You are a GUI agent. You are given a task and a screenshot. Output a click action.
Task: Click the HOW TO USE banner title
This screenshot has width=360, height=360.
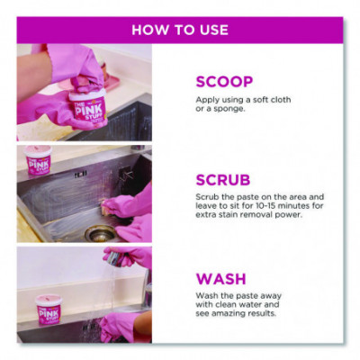click(x=180, y=30)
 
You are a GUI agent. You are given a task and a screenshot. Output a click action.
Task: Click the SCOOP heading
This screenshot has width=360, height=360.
click(x=224, y=82)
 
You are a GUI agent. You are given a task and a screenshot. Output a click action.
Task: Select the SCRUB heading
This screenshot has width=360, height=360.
click(x=223, y=180)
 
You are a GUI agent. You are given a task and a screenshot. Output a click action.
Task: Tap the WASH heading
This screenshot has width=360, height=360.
click(x=221, y=279)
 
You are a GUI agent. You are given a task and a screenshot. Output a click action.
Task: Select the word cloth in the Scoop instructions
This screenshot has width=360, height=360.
click(x=280, y=100)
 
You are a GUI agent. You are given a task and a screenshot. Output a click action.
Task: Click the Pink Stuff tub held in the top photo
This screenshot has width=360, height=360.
click(x=88, y=107)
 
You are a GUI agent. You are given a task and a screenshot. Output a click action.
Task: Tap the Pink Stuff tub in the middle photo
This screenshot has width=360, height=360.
click(x=38, y=160)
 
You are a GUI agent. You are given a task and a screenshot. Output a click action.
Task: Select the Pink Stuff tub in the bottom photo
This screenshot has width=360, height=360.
click(x=49, y=310)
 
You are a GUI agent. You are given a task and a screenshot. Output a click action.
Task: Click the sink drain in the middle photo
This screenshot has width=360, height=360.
click(x=100, y=233)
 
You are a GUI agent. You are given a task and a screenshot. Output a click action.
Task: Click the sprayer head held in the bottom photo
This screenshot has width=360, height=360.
click(x=115, y=258)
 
